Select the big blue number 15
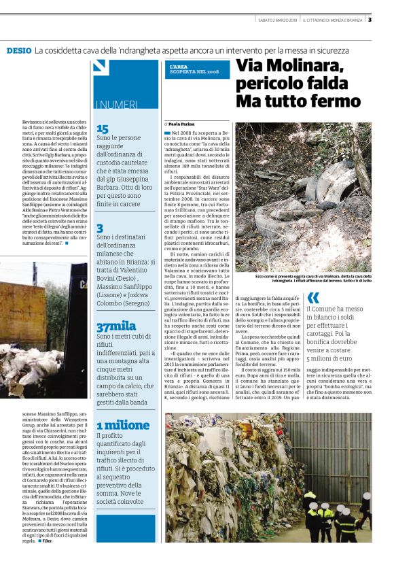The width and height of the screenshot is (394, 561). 102,129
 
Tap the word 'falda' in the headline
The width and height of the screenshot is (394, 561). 332,84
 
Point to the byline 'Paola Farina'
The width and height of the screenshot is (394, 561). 182,124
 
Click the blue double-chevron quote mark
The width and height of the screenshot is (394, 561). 313,297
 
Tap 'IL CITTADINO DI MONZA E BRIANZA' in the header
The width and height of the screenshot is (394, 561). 334,19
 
